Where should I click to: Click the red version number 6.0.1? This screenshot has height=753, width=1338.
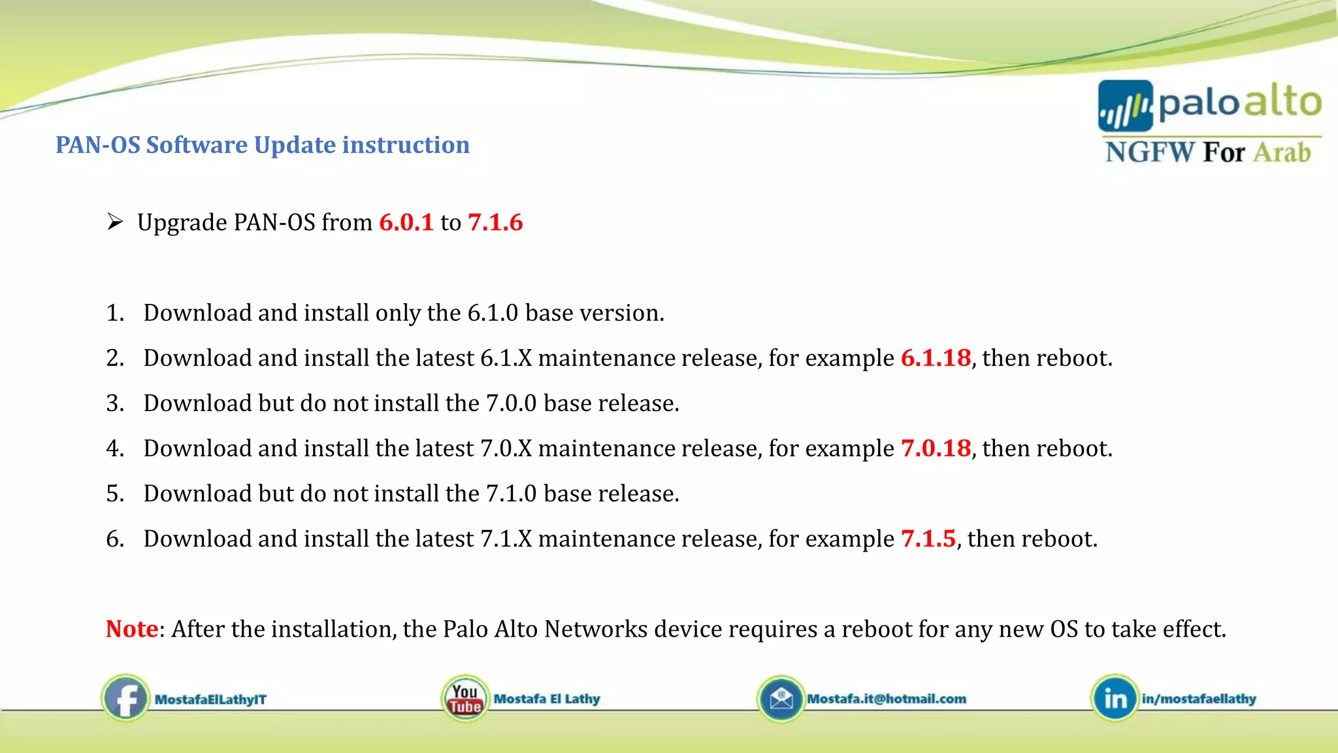(406, 223)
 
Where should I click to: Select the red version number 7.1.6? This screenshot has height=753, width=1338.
(495, 223)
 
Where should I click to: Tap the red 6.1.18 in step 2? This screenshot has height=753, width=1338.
(936, 358)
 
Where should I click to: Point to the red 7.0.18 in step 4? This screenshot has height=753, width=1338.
(936, 448)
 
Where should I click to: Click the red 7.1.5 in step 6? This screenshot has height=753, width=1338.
(928, 539)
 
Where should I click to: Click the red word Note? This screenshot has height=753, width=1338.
(132, 629)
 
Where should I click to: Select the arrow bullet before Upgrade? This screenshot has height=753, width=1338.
(115, 222)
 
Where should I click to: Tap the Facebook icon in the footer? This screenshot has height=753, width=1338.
(125, 699)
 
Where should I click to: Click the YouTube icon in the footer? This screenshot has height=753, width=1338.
(465, 699)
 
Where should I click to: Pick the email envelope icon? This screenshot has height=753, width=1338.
(781, 699)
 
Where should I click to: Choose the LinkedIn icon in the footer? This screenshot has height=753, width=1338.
(1115, 699)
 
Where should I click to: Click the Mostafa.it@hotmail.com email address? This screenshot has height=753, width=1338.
(887, 699)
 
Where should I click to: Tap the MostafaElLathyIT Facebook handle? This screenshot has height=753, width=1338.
(210, 699)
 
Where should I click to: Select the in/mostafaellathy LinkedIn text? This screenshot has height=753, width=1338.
(1199, 699)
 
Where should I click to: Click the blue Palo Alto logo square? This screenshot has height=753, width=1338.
(1125, 106)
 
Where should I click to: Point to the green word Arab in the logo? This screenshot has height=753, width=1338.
(1282, 152)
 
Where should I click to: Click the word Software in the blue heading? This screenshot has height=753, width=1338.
(197, 145)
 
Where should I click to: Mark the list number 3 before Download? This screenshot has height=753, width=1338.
(114, 403)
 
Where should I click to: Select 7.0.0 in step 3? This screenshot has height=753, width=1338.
(511, 403)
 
